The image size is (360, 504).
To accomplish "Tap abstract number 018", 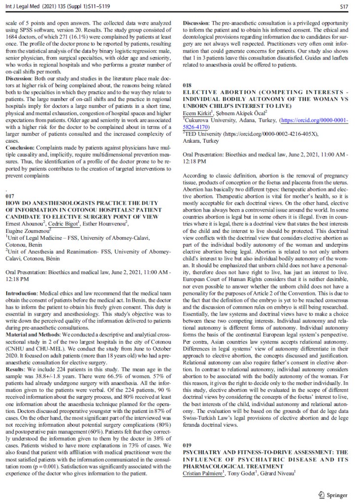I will click(188, 85).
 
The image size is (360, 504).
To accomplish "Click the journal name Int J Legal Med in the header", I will click(23, 6).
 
